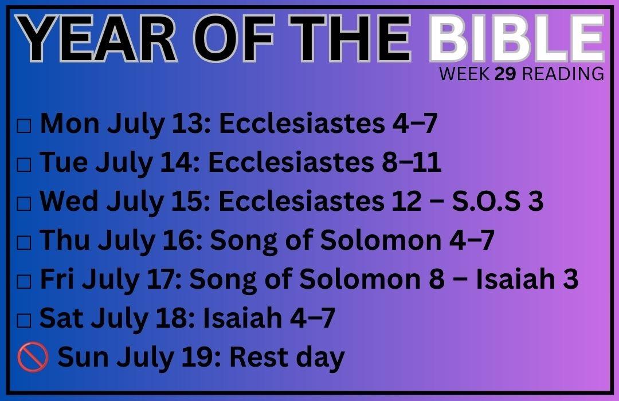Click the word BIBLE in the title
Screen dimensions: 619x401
click(516, 39)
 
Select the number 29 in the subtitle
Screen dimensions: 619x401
click(505, 74)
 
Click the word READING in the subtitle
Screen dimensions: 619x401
click(563, 74)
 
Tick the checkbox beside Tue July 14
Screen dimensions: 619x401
click(23, 165)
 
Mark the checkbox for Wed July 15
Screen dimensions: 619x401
click(23, 204)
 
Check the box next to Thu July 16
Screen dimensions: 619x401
click(23, 243)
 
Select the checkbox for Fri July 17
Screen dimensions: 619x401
click(23, 281)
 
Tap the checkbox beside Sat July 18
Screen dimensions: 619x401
click(23, 320)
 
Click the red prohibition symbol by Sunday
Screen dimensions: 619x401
click(33, 357)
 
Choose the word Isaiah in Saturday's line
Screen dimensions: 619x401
click(242, 318)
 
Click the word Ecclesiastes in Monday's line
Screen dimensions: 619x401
click(301, 123)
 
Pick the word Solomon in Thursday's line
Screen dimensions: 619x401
click(381, 240)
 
